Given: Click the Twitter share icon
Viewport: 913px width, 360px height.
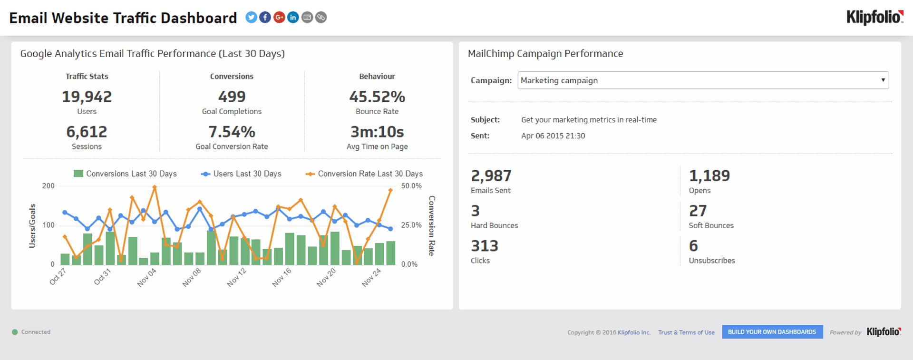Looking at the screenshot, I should pos(251,18).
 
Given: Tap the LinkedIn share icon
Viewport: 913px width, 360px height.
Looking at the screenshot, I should pos(293,18).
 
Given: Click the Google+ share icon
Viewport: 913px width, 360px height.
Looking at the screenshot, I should pos(279,18).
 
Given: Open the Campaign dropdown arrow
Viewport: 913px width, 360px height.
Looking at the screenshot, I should pos(883,80).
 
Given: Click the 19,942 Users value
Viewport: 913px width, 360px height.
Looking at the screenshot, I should pos(87,97).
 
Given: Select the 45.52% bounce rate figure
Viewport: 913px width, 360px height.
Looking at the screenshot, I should pos(377,97).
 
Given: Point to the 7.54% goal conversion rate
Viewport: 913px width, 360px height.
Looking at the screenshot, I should pos(232,132).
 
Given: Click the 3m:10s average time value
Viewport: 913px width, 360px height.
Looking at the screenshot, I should pos(377,132).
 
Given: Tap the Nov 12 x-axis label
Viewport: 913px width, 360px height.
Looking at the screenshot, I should pos(236,277).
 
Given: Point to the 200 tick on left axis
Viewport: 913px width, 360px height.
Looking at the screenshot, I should pos(49,186).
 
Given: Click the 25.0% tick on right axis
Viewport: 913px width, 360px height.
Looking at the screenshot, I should pos(411,225).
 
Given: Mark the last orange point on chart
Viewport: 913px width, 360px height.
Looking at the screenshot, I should pos(390,190).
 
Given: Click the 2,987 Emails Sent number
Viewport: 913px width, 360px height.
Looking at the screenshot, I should pos(491,176).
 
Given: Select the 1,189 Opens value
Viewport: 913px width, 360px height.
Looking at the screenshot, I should pos(709,176).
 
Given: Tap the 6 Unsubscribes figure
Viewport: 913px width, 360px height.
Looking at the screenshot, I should pos(693,246).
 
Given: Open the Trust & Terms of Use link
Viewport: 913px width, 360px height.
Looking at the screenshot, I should pos(686,332).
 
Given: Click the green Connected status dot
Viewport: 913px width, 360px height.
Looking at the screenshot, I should pos(15,332).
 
